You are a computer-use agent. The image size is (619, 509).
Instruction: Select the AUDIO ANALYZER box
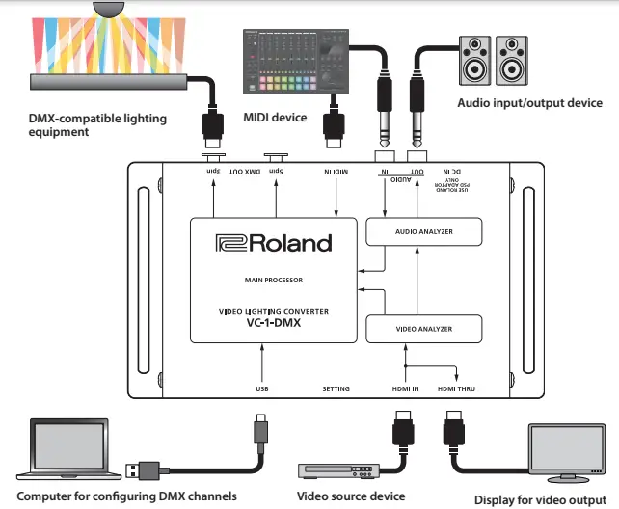tap(423, 231)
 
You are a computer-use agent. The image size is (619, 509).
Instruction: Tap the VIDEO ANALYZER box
tap(423, 329)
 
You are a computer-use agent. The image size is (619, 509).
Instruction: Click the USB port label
tap(261, 388)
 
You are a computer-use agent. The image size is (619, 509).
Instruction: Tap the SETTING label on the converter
tap(336, 388)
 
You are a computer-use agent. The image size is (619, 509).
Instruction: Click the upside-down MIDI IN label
tap(336, 174)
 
